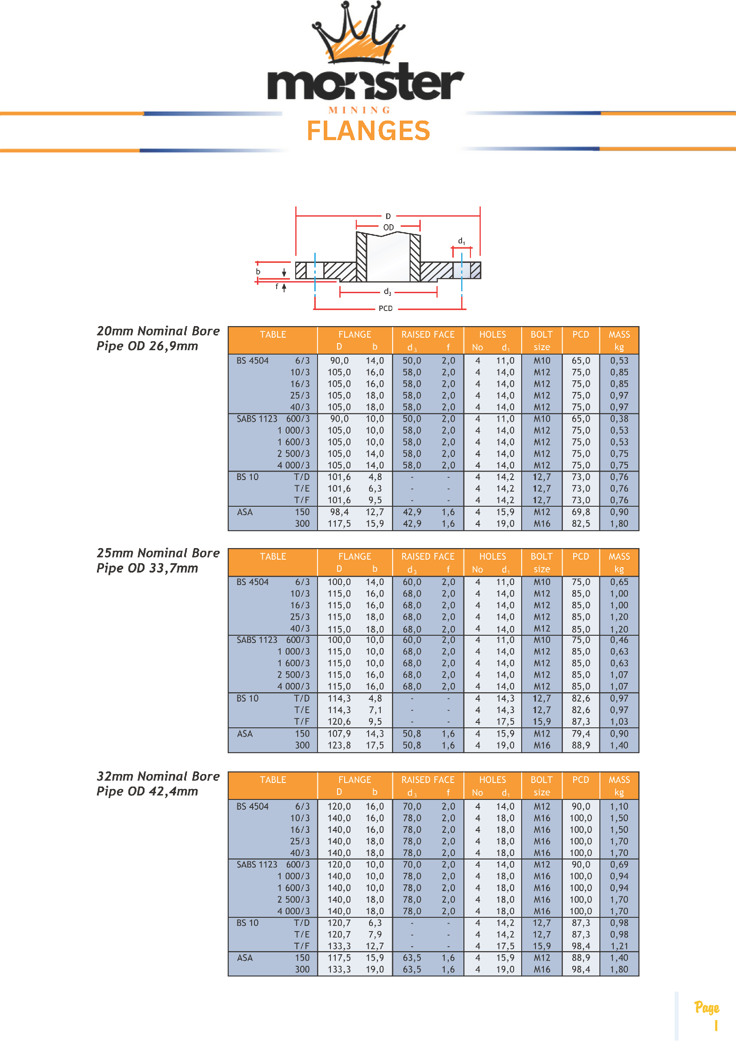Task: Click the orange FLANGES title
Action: [x=368, y=131]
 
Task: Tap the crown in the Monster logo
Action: [x=358, y=34]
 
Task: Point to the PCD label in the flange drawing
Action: [x=385, y=308]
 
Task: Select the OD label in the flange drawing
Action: [x=388, y=227]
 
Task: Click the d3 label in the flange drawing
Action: [x=387, y=292]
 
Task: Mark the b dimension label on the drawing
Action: [x=258, y=271]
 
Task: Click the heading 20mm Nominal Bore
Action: [x=158, y=331]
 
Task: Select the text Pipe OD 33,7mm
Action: [x=147, y=568]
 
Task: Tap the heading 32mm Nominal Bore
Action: [x=158, y=776]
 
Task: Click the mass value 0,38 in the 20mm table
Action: [x=619, y=419]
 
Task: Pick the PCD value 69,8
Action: [x=580, y=512]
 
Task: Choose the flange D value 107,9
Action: [x=339, y=734]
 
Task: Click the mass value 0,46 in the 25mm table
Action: [x=619, y=640]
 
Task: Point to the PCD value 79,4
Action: [x=580, y=734]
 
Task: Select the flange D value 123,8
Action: [x=339, y=746]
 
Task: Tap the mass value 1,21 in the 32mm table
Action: [x=619, y=946]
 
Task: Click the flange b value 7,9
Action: [x=375, y=934]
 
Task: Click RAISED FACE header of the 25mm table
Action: [x=428, y=557]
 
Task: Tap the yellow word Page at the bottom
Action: [x=707, y=1008]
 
